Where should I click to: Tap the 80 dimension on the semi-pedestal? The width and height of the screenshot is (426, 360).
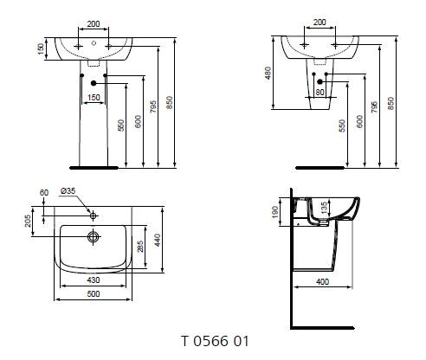pyautogui.click(x=320, y=92)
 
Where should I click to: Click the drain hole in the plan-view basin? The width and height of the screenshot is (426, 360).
pyautogui.click(x=93, y=235)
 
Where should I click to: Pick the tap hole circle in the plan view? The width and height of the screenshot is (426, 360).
pyautogui.click(x=93, y=212)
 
